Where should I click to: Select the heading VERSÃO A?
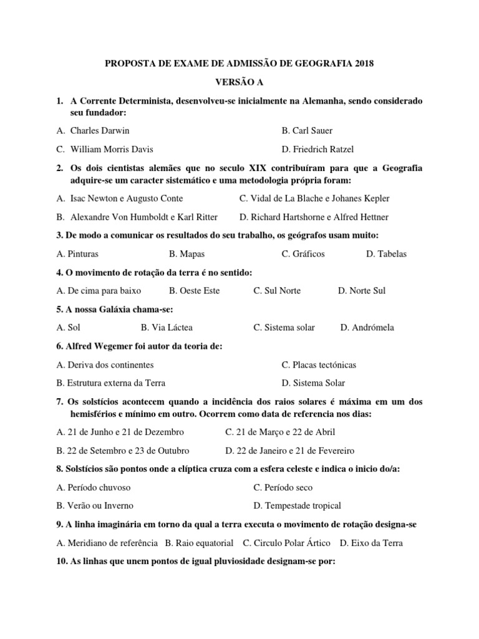point(239,82)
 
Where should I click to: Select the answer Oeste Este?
point(199,291)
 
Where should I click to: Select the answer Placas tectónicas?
point(324,364)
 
